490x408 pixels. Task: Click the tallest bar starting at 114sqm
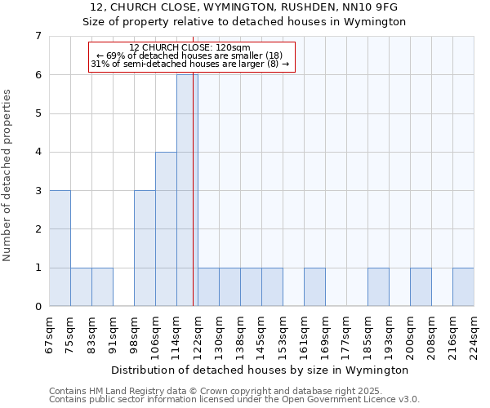[187, 190]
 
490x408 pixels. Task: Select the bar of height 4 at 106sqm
[166, 228]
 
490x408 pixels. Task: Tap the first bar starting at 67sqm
[60, 248]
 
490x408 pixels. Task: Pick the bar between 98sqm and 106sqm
[145, 248]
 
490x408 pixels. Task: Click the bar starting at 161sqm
[314, 286]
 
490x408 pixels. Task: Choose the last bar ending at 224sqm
[463, 286]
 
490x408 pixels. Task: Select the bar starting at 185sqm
[378, 286]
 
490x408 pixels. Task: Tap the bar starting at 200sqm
[421, 286]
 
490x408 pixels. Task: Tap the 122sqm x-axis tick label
[198, 334]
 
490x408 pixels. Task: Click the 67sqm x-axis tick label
[50, 334]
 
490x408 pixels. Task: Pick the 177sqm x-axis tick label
[347, 334]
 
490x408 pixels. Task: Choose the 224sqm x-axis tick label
[474, 334]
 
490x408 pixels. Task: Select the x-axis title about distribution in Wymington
[261, 370]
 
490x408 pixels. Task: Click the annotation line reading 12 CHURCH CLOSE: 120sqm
[190, 47]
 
